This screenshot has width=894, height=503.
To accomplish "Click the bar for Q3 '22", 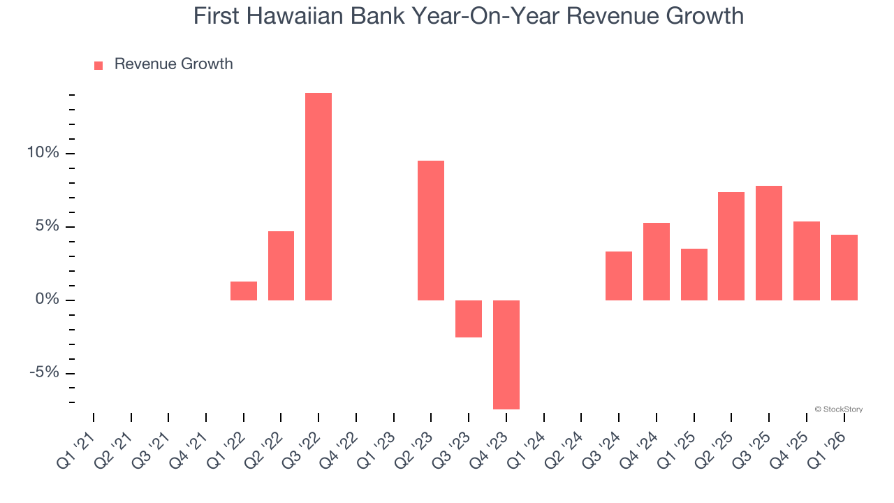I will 318,196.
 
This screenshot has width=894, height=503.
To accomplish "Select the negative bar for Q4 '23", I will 506,354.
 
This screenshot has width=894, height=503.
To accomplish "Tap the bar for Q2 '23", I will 431,231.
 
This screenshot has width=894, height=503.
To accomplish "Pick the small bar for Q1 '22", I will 244,291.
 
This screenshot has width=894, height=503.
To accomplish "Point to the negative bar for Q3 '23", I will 469,319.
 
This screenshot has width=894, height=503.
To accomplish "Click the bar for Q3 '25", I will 769,243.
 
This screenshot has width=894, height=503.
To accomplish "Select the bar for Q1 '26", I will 844,268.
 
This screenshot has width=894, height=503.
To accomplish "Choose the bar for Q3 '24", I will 619,276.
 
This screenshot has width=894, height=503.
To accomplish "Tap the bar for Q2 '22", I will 281,265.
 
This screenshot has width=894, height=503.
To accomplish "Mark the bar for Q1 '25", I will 694,275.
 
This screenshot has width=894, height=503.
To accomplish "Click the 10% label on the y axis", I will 43,153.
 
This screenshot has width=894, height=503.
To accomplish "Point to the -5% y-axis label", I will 44,372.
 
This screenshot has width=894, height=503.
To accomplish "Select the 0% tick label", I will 47,300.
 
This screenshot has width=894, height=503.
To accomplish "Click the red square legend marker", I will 98,65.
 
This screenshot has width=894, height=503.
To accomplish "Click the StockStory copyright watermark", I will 838,409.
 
